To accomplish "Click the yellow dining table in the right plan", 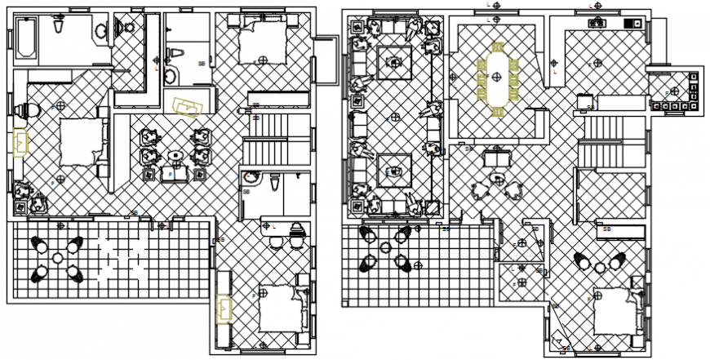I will click(497, 77).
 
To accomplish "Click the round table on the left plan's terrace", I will click(57, 258).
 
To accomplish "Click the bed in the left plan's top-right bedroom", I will click(262, 42).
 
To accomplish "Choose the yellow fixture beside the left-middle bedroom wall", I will click(20, 141).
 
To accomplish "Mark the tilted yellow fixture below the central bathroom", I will click(189, 105).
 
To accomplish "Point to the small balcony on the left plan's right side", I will click(326, 60).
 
